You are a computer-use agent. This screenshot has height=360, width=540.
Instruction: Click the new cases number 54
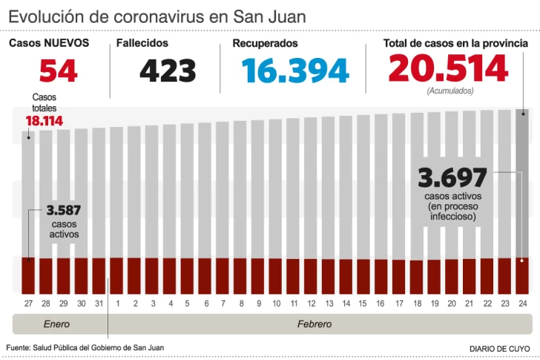click(58, 71)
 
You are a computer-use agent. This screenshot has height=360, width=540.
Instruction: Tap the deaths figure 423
click(168, 71)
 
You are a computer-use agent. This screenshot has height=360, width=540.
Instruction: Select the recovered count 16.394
click(295, 71)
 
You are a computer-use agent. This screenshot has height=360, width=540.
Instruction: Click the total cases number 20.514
click(448, 70)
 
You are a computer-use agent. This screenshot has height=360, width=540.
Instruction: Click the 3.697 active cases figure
click(452, 179)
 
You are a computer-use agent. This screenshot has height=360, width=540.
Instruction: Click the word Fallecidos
click(142, 44)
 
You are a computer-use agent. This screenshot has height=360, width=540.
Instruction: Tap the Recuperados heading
click(265, 44)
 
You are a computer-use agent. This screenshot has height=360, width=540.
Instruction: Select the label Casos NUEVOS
click(49, 44)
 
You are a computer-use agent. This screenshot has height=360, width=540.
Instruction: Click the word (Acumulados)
click(450, 91)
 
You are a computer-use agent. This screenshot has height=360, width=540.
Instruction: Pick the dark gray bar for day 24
click(523, 186)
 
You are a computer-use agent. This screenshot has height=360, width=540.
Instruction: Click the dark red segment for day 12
click(311, 275)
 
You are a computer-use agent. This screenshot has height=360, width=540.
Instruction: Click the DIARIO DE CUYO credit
click(500, 348)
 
